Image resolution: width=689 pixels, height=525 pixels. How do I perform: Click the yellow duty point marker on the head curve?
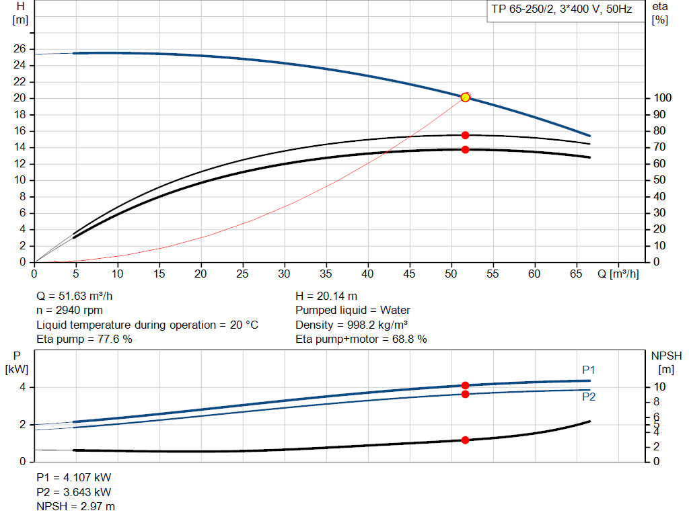465,97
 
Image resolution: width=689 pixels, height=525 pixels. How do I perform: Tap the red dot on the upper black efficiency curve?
465,135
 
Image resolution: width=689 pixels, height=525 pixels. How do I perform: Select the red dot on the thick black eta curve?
465,149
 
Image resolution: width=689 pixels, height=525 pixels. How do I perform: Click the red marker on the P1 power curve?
465,385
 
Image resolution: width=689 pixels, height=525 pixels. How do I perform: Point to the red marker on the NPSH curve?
465,440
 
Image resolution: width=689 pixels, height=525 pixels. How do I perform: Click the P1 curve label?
589,370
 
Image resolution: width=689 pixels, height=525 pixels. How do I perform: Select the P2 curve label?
589,397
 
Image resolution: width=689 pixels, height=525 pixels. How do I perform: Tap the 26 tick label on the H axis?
19,49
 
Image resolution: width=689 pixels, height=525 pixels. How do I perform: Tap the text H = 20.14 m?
326,296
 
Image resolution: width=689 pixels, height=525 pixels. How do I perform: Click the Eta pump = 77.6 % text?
84,339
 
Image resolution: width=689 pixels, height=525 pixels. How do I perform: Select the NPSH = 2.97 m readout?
75,506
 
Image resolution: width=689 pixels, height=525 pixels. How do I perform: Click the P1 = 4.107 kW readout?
73,477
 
